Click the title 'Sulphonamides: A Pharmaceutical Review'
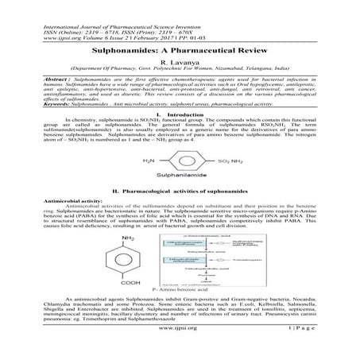(x=180, y=48)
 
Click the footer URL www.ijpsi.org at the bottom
(x=179, y=348)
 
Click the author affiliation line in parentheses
(x=180, y=69)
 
